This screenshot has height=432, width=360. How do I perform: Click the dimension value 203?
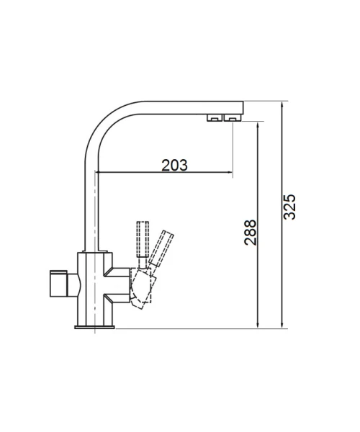174,165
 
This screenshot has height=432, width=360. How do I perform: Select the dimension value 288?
251,233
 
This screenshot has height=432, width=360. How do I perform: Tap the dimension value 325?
289,207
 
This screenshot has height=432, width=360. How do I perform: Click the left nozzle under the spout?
215,117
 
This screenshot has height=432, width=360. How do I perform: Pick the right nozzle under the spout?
233,117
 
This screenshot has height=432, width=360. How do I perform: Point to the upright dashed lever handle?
143,239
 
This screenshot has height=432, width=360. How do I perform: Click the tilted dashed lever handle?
161,248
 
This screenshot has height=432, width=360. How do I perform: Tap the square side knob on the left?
58,284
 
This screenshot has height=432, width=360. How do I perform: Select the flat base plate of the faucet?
94,327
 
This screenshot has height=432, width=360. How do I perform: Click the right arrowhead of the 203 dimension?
230,173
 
